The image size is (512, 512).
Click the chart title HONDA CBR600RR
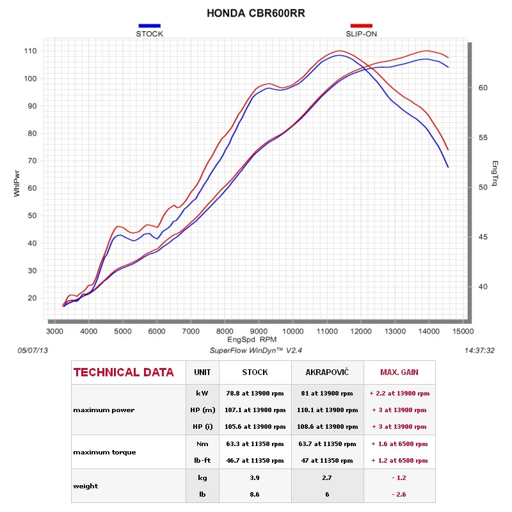[x=256, y=13]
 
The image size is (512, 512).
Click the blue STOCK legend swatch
[x=149, y=26]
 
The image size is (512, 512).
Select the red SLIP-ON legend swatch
[x=361, y=26]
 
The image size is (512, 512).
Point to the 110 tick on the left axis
[x=30, y=51]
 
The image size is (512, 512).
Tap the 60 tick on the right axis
[x=483, y=88]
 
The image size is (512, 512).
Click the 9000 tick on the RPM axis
[x=259, y=331]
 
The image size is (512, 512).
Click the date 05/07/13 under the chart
[x=34, y=351]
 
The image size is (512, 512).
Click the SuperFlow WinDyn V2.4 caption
[x=255, y=351]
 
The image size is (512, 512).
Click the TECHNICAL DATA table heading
[x=124, y=372]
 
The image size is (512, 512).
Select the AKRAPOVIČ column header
[x=327, y=372]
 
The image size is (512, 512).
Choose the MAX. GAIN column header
[x=399, y=372]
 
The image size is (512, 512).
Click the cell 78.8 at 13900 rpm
[x=255, y=393]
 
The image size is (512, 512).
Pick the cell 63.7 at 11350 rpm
[x=327, y=444]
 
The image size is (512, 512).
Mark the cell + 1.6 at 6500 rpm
[x=399, y=444]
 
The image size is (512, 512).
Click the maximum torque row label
[x=104, y=452]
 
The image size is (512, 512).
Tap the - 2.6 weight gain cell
[x=399, y=494]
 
